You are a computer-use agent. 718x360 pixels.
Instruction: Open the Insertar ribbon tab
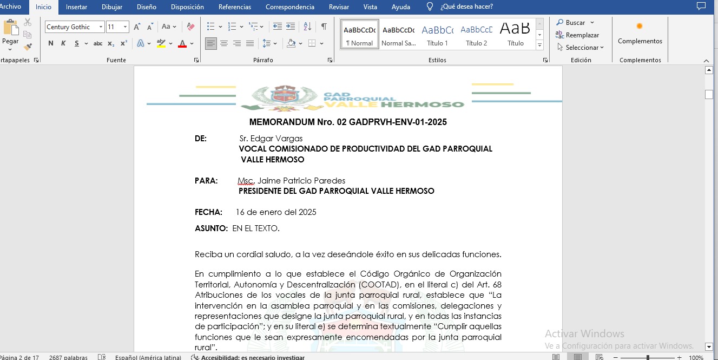click(76, 7)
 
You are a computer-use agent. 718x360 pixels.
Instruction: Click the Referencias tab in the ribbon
click(234, 7)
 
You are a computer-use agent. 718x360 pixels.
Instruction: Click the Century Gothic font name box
click(71, 27)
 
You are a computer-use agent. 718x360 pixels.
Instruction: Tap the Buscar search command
click(575, 23)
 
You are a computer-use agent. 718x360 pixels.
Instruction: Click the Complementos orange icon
click(640, 26)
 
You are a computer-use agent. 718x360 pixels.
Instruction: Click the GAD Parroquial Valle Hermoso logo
click(352, 98)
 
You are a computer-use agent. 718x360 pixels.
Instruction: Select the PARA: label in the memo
click(206, 181)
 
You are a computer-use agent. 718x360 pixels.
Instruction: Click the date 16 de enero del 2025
click(276, 212)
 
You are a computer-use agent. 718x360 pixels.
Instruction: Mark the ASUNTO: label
click(211, 228)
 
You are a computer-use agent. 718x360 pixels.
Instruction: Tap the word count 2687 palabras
click(68, 357)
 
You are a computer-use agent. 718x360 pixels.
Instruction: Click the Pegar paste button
click(10, 33)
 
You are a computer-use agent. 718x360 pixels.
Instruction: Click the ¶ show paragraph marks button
click(324, 27)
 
